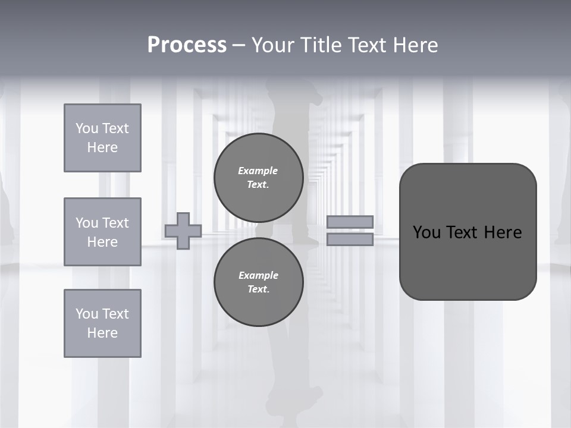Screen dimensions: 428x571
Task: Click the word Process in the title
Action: (187, 45)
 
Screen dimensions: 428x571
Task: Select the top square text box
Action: (102, 138)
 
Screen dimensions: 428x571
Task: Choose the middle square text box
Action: (102, 232)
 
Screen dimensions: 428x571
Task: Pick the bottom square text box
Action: (102, 323)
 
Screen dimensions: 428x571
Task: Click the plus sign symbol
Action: (183, 231)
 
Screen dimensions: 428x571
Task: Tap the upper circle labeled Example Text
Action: (259, 178)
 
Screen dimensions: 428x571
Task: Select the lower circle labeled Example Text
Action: (259, 282)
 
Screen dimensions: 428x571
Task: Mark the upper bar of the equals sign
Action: (350, 222)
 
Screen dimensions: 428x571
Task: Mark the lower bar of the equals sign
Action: (350, 239)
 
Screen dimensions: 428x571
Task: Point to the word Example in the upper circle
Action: (258, 171)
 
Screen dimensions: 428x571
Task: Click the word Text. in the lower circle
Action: (258, 289)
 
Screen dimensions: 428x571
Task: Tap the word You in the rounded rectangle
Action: (426, 232)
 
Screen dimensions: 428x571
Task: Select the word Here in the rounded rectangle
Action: (503, 232)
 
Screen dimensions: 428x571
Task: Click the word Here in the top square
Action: (102, 147)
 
